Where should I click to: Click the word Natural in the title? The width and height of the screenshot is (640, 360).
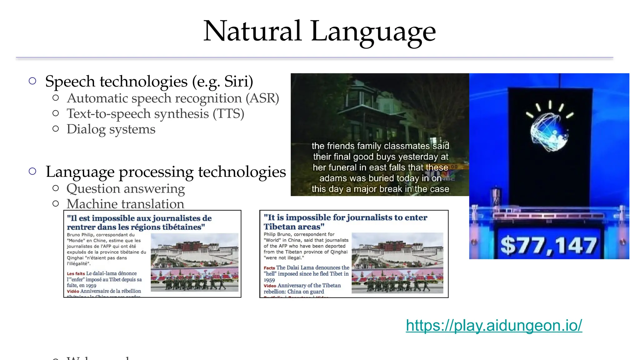coord(252,31)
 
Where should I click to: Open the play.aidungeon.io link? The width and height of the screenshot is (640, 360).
coord(494,325)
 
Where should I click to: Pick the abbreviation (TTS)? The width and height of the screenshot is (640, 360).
coord(228,114)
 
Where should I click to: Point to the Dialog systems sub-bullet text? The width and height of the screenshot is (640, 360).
coord(111,129)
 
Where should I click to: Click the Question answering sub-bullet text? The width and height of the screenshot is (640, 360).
coord(126,189)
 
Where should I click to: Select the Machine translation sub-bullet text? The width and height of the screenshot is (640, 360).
coord(125,204)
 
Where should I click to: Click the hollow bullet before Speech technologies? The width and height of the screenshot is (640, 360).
coord(32,81)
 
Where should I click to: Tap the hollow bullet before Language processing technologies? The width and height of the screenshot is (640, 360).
coord(32,171)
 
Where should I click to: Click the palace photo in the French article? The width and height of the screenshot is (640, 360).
coord(194,262)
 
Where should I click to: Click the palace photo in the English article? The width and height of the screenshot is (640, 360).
coord(397,263)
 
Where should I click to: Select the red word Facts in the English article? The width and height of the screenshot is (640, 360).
coord(269,268)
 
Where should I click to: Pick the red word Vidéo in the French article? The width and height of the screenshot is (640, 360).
coord(73,291)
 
